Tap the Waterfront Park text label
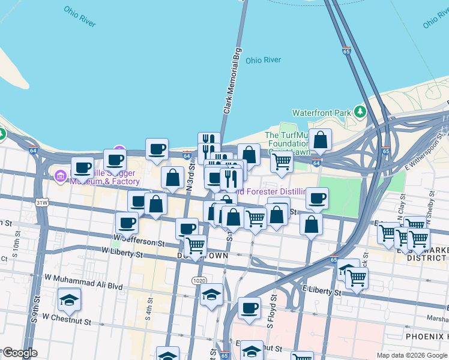click(x=321, y=113)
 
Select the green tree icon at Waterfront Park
click(x=360, y=112)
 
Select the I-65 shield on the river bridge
click(x=346, y=52)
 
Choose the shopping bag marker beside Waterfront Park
click(x=321, y=139)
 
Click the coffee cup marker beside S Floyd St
click(x=249, y=308)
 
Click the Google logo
click(x=20, y=353)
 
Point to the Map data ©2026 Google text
click(x=411, y=355)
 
